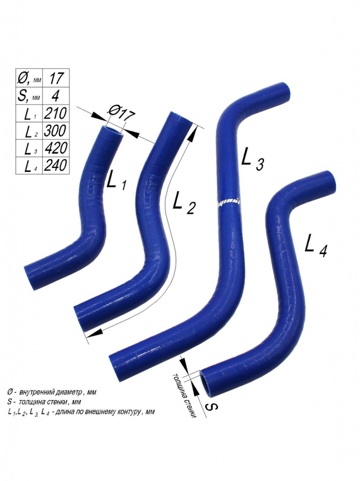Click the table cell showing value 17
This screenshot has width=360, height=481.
pos(56,78)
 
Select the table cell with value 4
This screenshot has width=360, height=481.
pos(56,95)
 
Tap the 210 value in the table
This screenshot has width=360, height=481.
pos(56,114)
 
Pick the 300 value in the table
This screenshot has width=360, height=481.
pos(56,131)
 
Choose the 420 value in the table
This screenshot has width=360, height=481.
pos(56,149)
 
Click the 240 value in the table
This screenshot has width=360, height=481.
pos(56,166)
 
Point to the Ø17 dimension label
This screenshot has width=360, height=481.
pos(121,113)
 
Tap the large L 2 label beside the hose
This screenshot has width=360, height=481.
pos(184,204)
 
